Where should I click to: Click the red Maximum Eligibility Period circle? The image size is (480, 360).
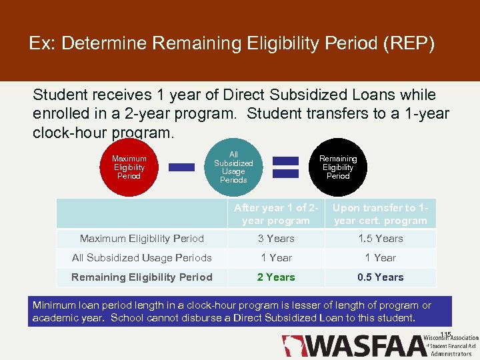(129, 167)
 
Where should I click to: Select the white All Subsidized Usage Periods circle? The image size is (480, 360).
(233, 167)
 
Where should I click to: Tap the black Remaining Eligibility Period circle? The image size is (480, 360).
(338, 167)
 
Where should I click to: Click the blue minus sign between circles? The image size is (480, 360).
(181, 167)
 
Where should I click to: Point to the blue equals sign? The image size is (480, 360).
(286, 167)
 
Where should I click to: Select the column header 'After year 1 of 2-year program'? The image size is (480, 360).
(275, 214)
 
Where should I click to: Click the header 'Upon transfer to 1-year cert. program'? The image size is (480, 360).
(380, 214)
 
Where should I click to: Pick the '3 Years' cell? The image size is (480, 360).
(275, 239)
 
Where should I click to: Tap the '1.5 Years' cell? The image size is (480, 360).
(380, 239)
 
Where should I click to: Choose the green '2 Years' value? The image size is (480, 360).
(275, 277)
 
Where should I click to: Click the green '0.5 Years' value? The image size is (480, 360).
(380, 277)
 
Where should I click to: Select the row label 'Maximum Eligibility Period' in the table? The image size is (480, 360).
(142, 239)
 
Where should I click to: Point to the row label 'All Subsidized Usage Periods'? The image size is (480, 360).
(142, 258)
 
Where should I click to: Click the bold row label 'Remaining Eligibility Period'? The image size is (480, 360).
(142, 277)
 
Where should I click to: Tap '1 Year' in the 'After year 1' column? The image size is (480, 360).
(275, 258)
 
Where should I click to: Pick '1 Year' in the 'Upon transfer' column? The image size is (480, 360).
(380, 258)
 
